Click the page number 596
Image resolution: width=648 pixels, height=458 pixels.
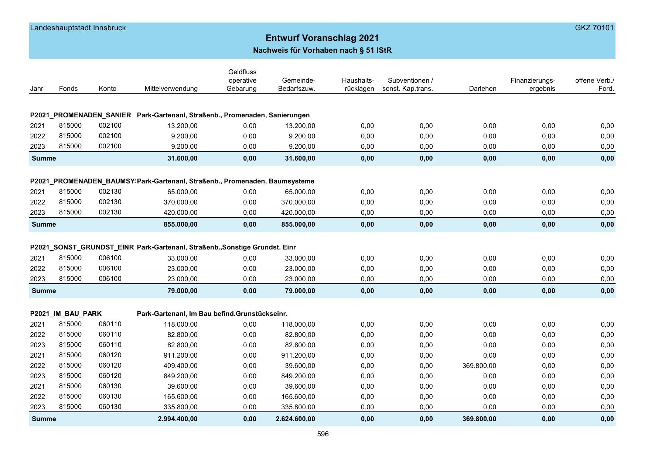point(323,434)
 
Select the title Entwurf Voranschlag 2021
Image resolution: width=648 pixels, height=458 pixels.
point(322,38)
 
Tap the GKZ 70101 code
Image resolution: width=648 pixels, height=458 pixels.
point(594,28)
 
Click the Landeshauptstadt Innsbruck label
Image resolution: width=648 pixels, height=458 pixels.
point(78,28)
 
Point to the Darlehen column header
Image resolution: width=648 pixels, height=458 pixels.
point(482,89)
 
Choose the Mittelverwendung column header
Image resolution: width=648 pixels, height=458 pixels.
point(171,89)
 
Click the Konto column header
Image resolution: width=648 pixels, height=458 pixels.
point(108,89)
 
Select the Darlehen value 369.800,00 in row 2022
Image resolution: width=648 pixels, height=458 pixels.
point(479,366)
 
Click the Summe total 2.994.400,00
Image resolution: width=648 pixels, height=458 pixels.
point(178,419)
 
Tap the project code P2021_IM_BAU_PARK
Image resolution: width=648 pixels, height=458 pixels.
point(66,314)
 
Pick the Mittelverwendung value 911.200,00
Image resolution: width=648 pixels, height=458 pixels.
point(180,355)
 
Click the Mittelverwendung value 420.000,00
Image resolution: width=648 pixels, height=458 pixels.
point(180,213)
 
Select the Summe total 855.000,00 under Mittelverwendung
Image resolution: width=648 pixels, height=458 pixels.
point(180,224)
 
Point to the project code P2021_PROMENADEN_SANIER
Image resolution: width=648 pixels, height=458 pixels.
point(81,115)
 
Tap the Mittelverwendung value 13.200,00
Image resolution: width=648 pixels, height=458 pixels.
point(182,126)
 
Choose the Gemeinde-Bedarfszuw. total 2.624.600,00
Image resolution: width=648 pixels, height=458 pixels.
point(295,419)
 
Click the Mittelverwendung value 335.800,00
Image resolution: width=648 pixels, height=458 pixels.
point(180,407)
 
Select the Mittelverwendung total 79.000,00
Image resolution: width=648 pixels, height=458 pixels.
point(182,291)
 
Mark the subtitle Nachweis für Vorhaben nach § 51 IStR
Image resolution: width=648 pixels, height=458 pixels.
point(322,50)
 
